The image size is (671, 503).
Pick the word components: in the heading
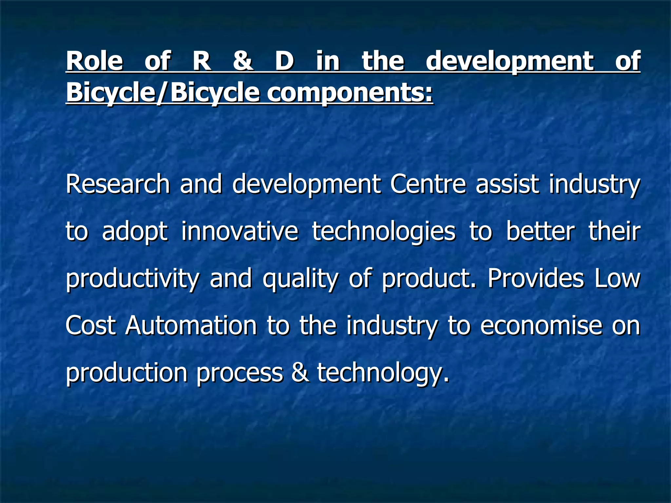[350, 93]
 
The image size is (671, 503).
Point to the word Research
[118, 184]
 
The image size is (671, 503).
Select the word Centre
[428, 184]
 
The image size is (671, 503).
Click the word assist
[507, 184]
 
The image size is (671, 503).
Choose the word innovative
[240, 231]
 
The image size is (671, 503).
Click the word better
[540, 231]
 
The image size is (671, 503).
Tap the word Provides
[536, 278]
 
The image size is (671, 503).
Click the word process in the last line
[240, 373]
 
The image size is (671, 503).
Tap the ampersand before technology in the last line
[300, 373]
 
